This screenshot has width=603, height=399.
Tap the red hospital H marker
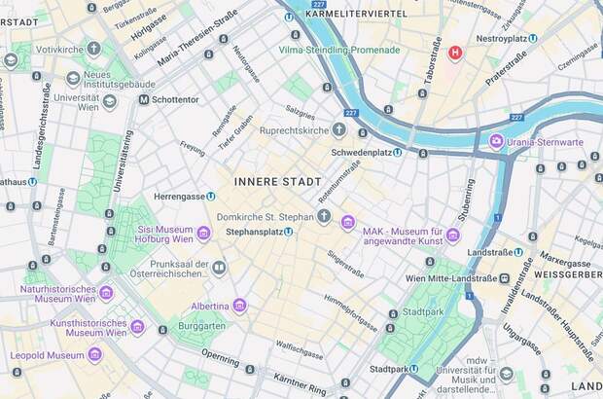click(454, 52)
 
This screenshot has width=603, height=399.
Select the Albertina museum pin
click(239, 306)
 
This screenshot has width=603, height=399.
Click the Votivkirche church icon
click(93, 49)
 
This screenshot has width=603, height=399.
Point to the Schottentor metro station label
click(175, 99)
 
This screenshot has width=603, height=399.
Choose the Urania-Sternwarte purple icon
click(496, 142)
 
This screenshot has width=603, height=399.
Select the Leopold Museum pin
click(94, 355)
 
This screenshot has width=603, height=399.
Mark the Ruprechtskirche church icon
click(338, 129)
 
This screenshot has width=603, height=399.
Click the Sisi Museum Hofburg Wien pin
click(203, 234)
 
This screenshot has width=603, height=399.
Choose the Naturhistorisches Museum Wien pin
click(106, 293)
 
